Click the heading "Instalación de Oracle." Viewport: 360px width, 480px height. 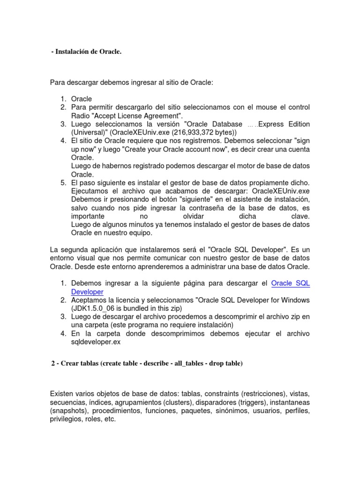[88, 52]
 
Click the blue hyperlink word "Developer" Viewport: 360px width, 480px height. [87, 292]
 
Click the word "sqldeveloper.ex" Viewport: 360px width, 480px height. [96, 342]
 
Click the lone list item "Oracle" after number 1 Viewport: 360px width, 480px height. [82, 99]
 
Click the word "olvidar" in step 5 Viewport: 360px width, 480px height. [193, 217]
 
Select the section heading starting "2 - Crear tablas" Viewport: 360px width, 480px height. [146, 363]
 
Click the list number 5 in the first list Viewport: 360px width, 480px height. [63, 182]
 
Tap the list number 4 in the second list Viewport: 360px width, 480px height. [63, 333]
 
